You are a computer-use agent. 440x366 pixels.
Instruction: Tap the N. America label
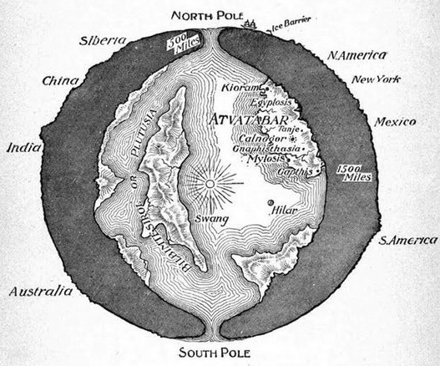(357, 55)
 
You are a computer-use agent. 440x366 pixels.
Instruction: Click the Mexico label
(395, 122)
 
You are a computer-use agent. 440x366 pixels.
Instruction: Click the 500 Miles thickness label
(178, 43)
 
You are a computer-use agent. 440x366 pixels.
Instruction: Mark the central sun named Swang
(209, 183)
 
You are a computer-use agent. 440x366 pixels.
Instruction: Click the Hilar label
(286, 211)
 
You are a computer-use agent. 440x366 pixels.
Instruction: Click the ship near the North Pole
(250, 23)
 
